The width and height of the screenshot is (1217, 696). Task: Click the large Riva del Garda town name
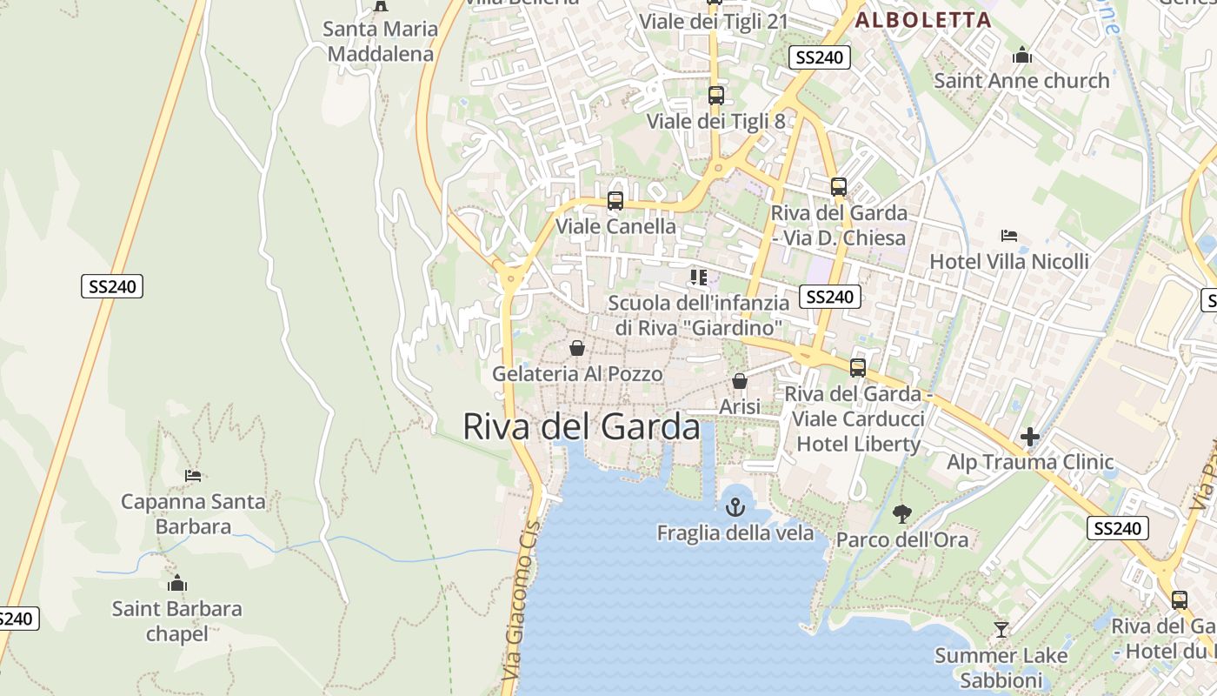pyautogui.click(x=581, y=427)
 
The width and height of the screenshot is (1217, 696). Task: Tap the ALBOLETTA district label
pyautogui.click(x=923, y=20)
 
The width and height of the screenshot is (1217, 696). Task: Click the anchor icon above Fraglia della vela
pyautogui.click(x=735, y=507)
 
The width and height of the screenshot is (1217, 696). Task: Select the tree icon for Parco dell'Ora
pyautogui.click(x=902, y=514)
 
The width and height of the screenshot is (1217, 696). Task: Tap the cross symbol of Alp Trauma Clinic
pyautogui.click(x=1030, y=437)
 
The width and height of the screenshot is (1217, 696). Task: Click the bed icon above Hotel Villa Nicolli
pyautogui.click(x=1009, y=236)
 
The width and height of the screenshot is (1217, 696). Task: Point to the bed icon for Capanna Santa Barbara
pyautogui.click(x=193, y=476)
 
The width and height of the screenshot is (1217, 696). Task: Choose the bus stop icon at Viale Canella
pyautogui.click(x=615, y=201)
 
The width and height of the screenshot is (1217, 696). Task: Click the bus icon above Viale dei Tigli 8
pyautogui.click(x=715, y=96)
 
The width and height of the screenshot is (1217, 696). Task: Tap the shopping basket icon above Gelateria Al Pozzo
pyautogui.click(x=576, y=349)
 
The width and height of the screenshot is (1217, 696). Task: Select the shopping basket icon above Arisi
pyautogui.click(x=740, y=381)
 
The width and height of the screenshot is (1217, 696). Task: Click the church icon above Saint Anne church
pyautogui.click(x=1022, y=56)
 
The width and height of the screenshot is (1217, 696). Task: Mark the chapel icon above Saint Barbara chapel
pyautogui.click(x=177, y=583)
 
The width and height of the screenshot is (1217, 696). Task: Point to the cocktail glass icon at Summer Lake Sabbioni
pyautogui.click(x=1001, y=629)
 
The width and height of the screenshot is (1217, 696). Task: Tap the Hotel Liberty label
pyautogui.click(x=858, y=444)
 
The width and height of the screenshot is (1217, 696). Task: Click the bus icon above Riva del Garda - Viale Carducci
pyautogui.click(x=858, y=368)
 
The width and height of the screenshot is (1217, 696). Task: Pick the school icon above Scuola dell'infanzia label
pyautogui.click(x=698, y=278)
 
